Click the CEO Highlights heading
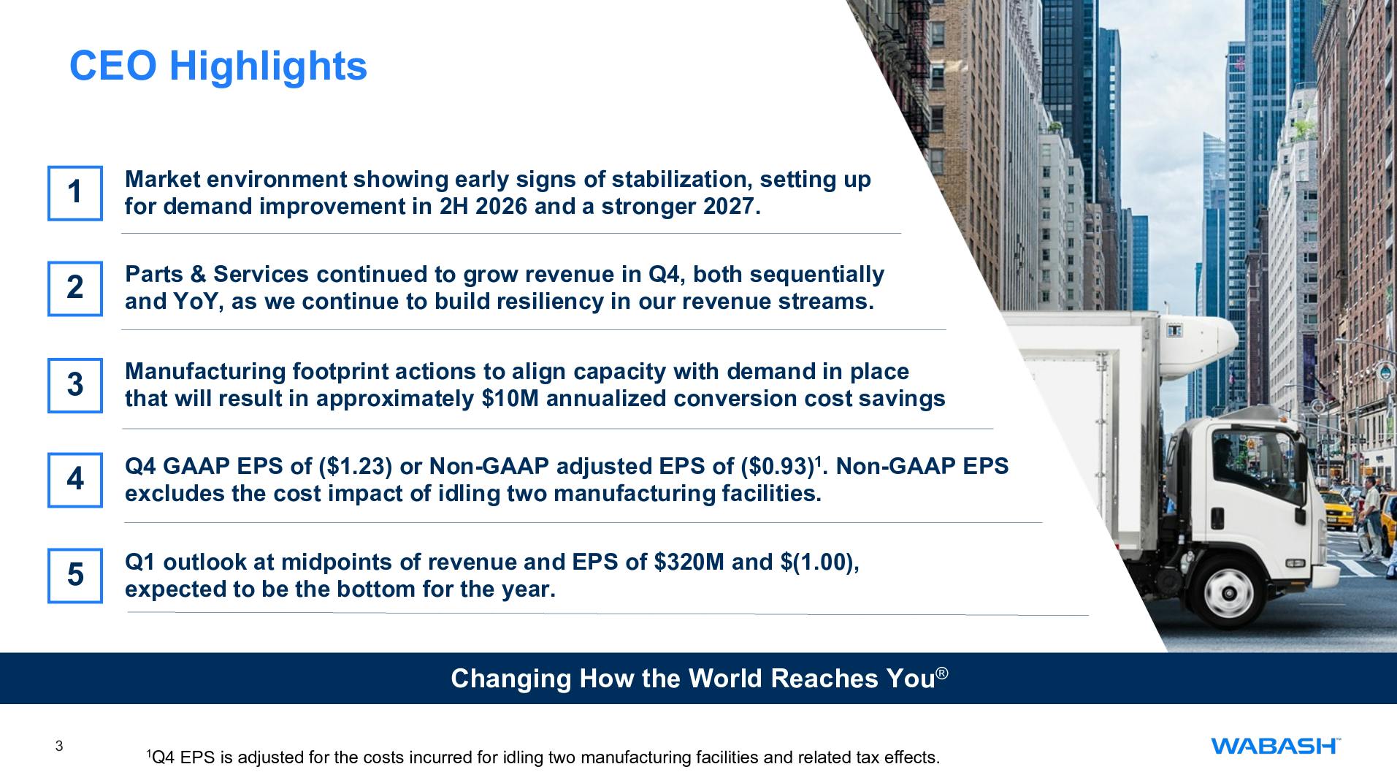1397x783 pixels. pyautogui.click(x=218, y=66)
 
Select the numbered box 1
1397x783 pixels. pyautogui.click(x=75, y=193)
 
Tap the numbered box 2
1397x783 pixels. pyautogui.click(x=75, y=289)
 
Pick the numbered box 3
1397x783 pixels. pyautogui.click(x=75, y=385)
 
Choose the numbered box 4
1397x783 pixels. pyautogui.click(x=75, y=480)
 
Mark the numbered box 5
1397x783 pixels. pyautogui.click(x=75, y=576)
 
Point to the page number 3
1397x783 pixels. pyautogui.click(x=59, y=746)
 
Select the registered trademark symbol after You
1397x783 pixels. pyautogui.click(x=942, y=673)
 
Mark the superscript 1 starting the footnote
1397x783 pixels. pyautogui.click(x=148, y=752)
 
